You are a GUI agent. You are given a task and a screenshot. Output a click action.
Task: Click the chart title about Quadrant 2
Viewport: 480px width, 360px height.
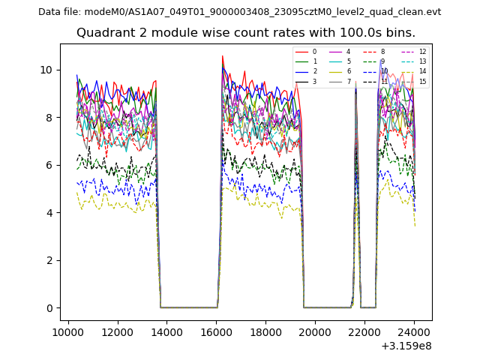pyautogui.click(x=245, y=33)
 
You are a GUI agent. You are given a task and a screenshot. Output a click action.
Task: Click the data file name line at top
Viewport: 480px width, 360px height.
pyautogui.click(x=239, y=12)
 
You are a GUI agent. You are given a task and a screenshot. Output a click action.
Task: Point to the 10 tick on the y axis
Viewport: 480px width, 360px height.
pyautogui.click(x=46, y=70)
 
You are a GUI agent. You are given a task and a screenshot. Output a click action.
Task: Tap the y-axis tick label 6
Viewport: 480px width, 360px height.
pyautogui.click(x=49, y=165)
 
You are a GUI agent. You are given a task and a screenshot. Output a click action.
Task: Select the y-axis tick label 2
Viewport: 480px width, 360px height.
pyautogui.click(x=49, y=260)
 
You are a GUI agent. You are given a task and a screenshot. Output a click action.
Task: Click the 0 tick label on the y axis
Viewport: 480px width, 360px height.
pyautogui.click(x=49, y=308)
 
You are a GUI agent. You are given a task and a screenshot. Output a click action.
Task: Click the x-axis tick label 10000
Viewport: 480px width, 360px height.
pyautogui.click(x=68, y=332)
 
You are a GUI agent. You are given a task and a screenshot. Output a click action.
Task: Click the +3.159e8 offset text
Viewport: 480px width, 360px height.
pyautogui.click(x=406, y=346)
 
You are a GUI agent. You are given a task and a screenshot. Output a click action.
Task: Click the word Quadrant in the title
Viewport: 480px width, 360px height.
pyautogui.click(x=106, y=33)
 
